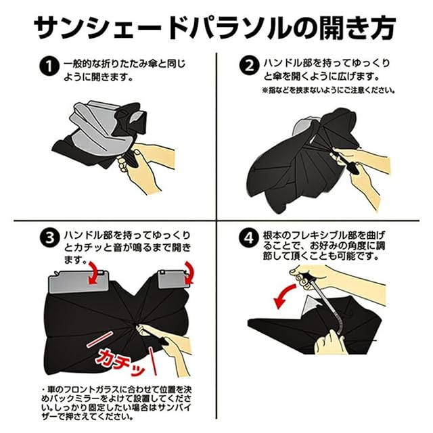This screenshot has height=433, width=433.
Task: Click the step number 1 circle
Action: (x=49, y=66)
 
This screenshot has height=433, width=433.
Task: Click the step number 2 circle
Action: (x=249, y=66)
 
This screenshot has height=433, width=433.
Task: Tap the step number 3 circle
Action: (x=49, y=237)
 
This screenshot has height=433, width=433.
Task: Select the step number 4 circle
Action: (x=249, y=237)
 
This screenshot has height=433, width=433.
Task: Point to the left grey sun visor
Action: (x=78, y=282)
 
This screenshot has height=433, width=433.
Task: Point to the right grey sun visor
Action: (x=173, y=279)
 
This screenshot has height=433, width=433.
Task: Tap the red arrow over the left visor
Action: (x=95, y=273)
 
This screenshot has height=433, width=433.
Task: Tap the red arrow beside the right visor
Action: (x=189, y=273)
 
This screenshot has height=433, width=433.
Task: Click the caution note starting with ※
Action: (x=328, y=90)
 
